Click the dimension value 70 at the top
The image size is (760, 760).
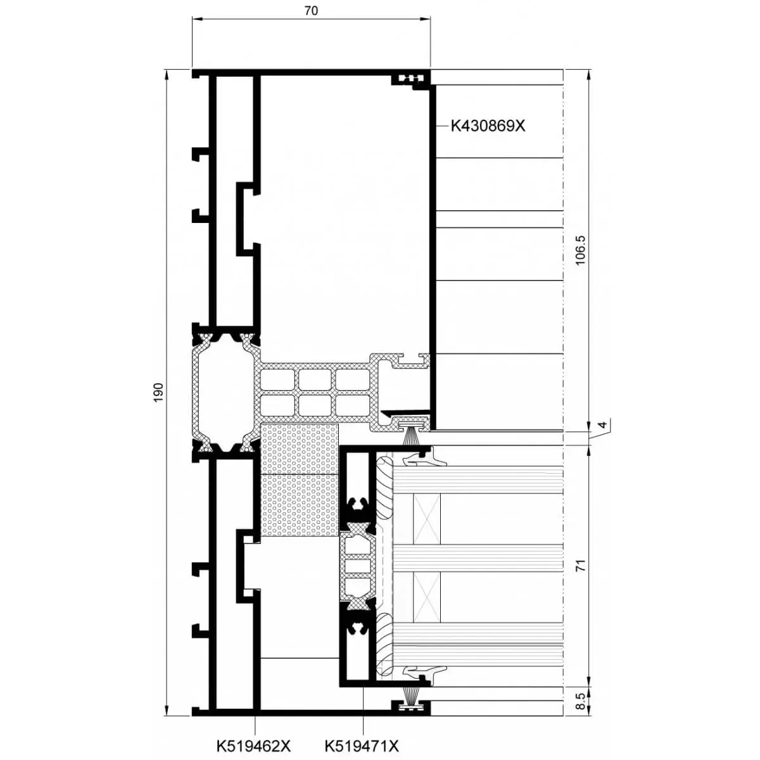(311, 11)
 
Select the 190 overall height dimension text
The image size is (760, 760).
(159, 391)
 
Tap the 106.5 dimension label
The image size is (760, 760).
(581, 250)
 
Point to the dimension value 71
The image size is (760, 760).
(581, 565)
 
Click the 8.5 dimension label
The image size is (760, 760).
(581, 702)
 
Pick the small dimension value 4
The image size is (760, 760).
(602, 426)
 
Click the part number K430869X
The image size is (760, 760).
(488, 125)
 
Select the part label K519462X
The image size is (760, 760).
(254, 746)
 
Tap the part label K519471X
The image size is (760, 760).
(362, 746)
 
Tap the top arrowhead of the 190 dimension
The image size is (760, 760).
(167, 73)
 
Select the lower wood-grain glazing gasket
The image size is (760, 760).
(385, 643)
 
